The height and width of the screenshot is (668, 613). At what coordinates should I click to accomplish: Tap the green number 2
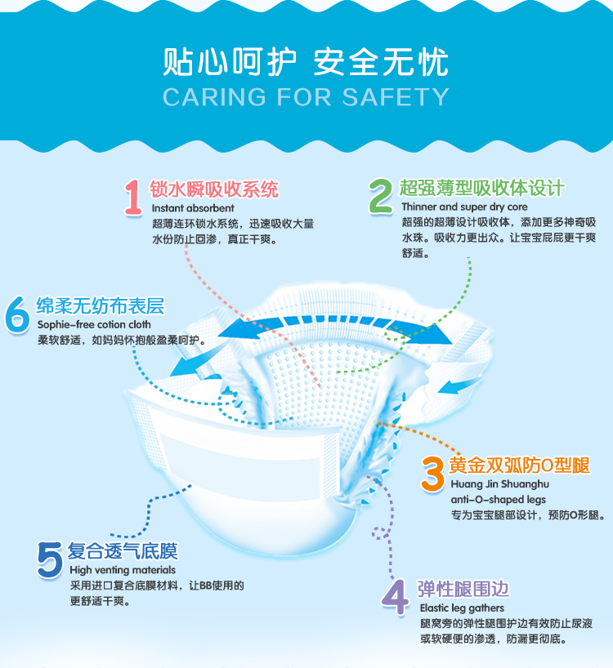pos(381,195)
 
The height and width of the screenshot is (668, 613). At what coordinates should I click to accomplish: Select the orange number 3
pos(432,474)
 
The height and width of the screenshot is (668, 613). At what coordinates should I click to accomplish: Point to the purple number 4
pos(395,597)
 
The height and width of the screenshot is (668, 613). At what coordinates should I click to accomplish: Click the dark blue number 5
pos(50,559)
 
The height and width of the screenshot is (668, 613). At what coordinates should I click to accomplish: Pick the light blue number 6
pos(17,314)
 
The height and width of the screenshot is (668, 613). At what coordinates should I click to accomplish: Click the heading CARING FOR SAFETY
pos(306,96)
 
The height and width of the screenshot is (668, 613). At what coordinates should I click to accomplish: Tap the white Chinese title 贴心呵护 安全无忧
pos(306,62)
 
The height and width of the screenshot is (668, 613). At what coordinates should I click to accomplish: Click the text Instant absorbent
pos(193,208)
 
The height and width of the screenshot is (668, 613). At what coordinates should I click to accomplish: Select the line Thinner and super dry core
pos(464,207)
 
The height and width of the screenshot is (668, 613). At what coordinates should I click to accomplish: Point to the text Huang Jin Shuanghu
pos(500,484)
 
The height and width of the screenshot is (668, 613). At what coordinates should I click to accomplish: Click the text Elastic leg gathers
pos(462,608)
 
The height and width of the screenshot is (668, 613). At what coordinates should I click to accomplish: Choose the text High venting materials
pos(123,570)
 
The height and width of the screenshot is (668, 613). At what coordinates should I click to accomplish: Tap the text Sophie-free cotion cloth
pos(94,325)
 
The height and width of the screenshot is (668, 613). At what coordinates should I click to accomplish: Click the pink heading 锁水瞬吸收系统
pos(214,189)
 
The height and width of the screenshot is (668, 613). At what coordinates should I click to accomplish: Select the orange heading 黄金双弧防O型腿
pos(519,465)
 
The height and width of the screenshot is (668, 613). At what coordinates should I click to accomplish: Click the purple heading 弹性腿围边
pos(463,589)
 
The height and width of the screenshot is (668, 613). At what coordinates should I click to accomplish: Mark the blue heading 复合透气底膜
pos(123,551)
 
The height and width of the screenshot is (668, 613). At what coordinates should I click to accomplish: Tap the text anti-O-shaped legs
pos(499,500)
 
